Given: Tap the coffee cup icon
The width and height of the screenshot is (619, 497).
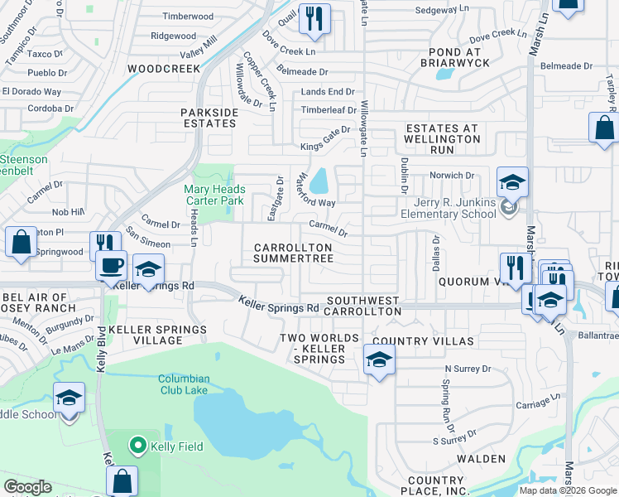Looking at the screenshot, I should click(111, 266).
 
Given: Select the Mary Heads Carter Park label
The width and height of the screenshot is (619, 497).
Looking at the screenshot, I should click(214, 195).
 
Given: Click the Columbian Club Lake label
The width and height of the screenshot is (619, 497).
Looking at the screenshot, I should click(185, 385).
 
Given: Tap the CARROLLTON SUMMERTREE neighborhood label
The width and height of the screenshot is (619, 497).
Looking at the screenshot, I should click(293, 253).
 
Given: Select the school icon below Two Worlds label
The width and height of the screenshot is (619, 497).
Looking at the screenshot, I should click(379, 359).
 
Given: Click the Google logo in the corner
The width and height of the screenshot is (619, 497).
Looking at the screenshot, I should click(27, 487).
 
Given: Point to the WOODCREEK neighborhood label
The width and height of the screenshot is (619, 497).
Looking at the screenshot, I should click(164, 69).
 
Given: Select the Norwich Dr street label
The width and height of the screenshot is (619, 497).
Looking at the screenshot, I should click(451, 176).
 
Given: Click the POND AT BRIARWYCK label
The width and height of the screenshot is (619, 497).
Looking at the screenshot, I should click(450, 56).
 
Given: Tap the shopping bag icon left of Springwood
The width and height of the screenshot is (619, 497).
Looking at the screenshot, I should click(21, 242).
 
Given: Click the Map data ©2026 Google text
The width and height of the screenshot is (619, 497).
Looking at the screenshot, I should click(568, 490).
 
